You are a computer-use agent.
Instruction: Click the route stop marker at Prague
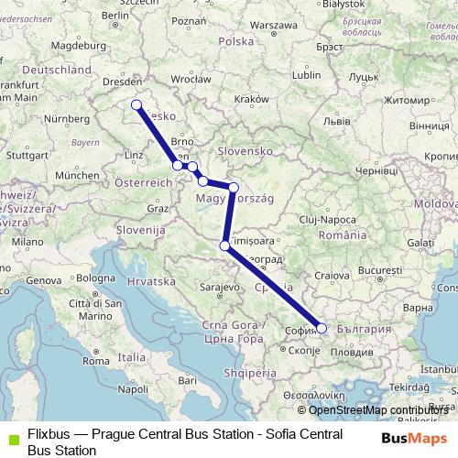[x=136, y=104]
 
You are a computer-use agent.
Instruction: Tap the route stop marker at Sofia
[x=321, y=327]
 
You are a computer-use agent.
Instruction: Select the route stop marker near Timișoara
[x=225, y=245]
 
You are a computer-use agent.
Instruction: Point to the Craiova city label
[x=327, y=275]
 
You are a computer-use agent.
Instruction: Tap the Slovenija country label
[x=139, y=230]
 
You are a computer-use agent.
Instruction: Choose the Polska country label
[x=235, y=41]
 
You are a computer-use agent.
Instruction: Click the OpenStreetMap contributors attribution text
[x=378, y=410]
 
